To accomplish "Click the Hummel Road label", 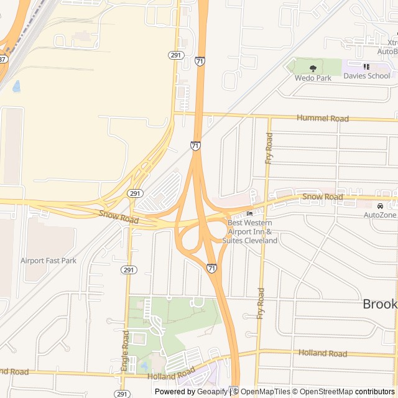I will (x=322, y=118).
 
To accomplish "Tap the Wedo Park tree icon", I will (x=313, y=68).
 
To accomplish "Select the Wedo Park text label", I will (x=313, y=78).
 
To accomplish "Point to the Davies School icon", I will (x=366, y=67).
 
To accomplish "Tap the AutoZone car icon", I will (x=380, y=206).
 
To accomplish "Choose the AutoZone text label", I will (x=380, y=215).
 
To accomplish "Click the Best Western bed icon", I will (x=249, y=214).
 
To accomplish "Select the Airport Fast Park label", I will (x=49, y=261).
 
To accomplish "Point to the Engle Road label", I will (x=126, y=351).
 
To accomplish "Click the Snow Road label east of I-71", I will (x=322, y=197).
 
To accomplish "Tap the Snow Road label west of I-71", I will (x=118, y=217).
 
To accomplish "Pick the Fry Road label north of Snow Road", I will (x=269, y=149).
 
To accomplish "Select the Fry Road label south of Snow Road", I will (x=261, y=303).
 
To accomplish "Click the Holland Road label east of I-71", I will (x=322, y=353).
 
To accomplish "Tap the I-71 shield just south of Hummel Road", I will (x=196, y=146).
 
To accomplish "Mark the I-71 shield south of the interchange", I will (x=212, y=268).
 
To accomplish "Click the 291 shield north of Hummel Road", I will (x=175, y=55).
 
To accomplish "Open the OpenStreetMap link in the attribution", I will (x=322, y=392).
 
